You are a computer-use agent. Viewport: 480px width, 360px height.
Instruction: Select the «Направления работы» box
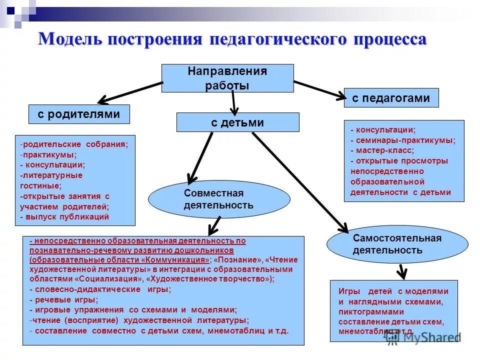tap(227, 78)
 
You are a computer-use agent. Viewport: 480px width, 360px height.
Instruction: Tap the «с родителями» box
tap(79, 114)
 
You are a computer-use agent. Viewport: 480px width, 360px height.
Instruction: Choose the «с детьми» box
tap(237, 122)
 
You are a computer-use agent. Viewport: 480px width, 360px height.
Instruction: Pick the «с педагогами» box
tap(391, 98)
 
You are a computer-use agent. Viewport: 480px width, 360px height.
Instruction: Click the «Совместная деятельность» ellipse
tap(219, 199)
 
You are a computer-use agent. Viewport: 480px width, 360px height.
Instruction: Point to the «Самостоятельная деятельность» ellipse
tap(397, 244)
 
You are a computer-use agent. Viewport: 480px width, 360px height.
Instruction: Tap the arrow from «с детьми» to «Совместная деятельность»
tap(200, 156)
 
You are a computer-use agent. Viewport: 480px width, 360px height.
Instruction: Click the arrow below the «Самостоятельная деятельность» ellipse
tap(401, 270)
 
